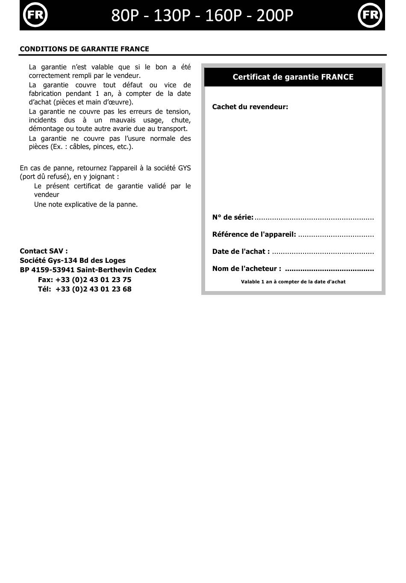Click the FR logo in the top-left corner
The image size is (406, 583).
click(35, 15)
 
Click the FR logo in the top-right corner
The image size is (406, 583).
click(370, 15)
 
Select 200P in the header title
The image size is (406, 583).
click(275, 15)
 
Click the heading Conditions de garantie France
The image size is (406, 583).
click(84, 49)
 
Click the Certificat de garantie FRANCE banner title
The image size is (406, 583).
click(293, 77)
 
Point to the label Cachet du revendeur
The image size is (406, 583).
click(250, 107)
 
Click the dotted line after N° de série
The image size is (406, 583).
click(314, 218)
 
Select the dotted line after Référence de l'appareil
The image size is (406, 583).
click(335, 235)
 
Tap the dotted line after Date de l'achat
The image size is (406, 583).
click(323, 252)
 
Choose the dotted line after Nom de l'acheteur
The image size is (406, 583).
click(329, 269)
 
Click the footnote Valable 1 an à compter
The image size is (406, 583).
click(293, 282)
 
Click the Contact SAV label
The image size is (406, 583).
click(44, 251)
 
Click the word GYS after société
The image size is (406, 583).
click(184, 168)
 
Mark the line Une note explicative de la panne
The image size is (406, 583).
click(86, 204)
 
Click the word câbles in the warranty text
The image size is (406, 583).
click(80, 146)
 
